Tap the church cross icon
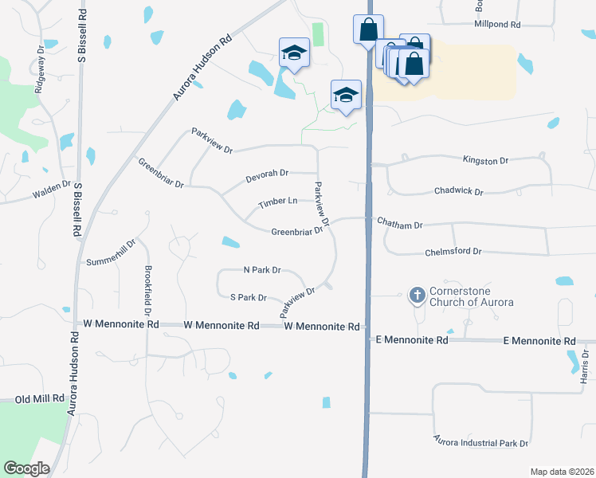click(416, 296)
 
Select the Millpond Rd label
click(496, 25)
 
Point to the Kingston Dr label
click(486, 161)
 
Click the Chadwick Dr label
click(459, 191)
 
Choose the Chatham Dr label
click(399, 225)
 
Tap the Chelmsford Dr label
click(455, 252)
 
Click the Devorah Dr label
click(268, 172)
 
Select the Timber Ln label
click(277, 204)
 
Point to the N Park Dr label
click(262, 270)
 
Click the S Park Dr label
click(248, 297)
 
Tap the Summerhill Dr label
click(112, 252)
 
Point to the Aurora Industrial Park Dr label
click(481, 441)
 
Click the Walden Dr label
click(52, 193)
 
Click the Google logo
click(26, 468)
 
